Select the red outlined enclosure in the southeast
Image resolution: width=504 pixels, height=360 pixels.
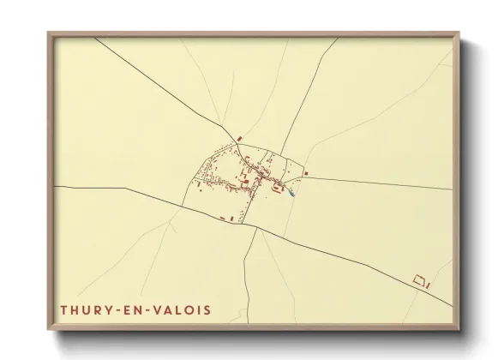(x=419, y=279)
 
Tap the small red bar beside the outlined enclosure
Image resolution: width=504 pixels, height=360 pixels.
(x=429, y=284)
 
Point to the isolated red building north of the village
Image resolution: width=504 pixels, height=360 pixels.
(x=241, y=138)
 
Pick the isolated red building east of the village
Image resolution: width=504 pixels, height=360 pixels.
(x=306, y=173)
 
